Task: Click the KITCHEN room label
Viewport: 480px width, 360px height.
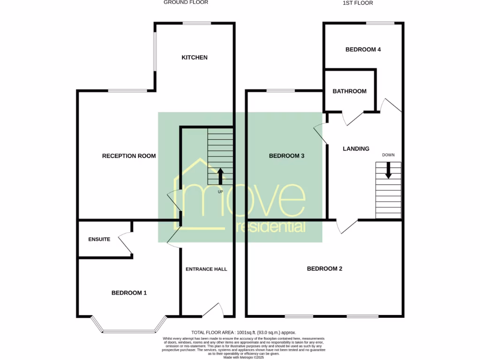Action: (x=195, y=58)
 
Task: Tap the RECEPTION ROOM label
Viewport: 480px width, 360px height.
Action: (x=129, y=156)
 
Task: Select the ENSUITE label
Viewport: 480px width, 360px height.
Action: (x=99, y=240)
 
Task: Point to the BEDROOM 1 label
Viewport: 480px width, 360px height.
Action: (x=129, y=293)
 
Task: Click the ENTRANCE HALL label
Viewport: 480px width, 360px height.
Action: (x=206, y=269)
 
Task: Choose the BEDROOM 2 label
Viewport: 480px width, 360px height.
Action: (x=324, y=269)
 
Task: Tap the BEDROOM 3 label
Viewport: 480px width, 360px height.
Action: (x=287, y=156)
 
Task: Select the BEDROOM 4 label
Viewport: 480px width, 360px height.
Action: (x=363, y=50)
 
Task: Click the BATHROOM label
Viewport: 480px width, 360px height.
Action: (x=350, y=91)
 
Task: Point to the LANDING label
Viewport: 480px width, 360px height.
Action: (x=356, y=149)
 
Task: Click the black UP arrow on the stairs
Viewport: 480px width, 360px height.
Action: (x=220, y=176)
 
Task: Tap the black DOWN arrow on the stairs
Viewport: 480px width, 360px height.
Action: (x=388, y=170)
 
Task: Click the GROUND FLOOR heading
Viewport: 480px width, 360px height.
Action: (x=186, y=2)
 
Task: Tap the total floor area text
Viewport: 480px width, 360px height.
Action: (x=244, y=332)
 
